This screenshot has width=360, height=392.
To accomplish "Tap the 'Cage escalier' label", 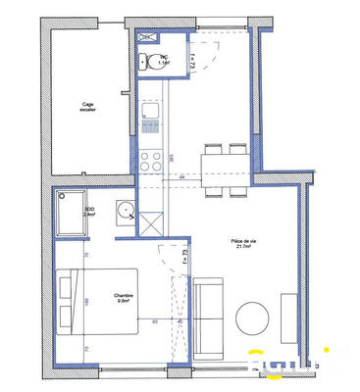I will pyautogui.click(x=88, y=109).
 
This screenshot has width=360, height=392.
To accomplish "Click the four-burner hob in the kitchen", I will pyautogui.click(x=150, y=157).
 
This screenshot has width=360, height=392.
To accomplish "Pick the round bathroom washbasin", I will pyautogui.click(x=126, y=210).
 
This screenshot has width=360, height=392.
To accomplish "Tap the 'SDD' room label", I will pyautogui.click(x=89, y=209).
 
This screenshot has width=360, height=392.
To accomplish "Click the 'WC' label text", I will pyautogui.click(x=166, y=58).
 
